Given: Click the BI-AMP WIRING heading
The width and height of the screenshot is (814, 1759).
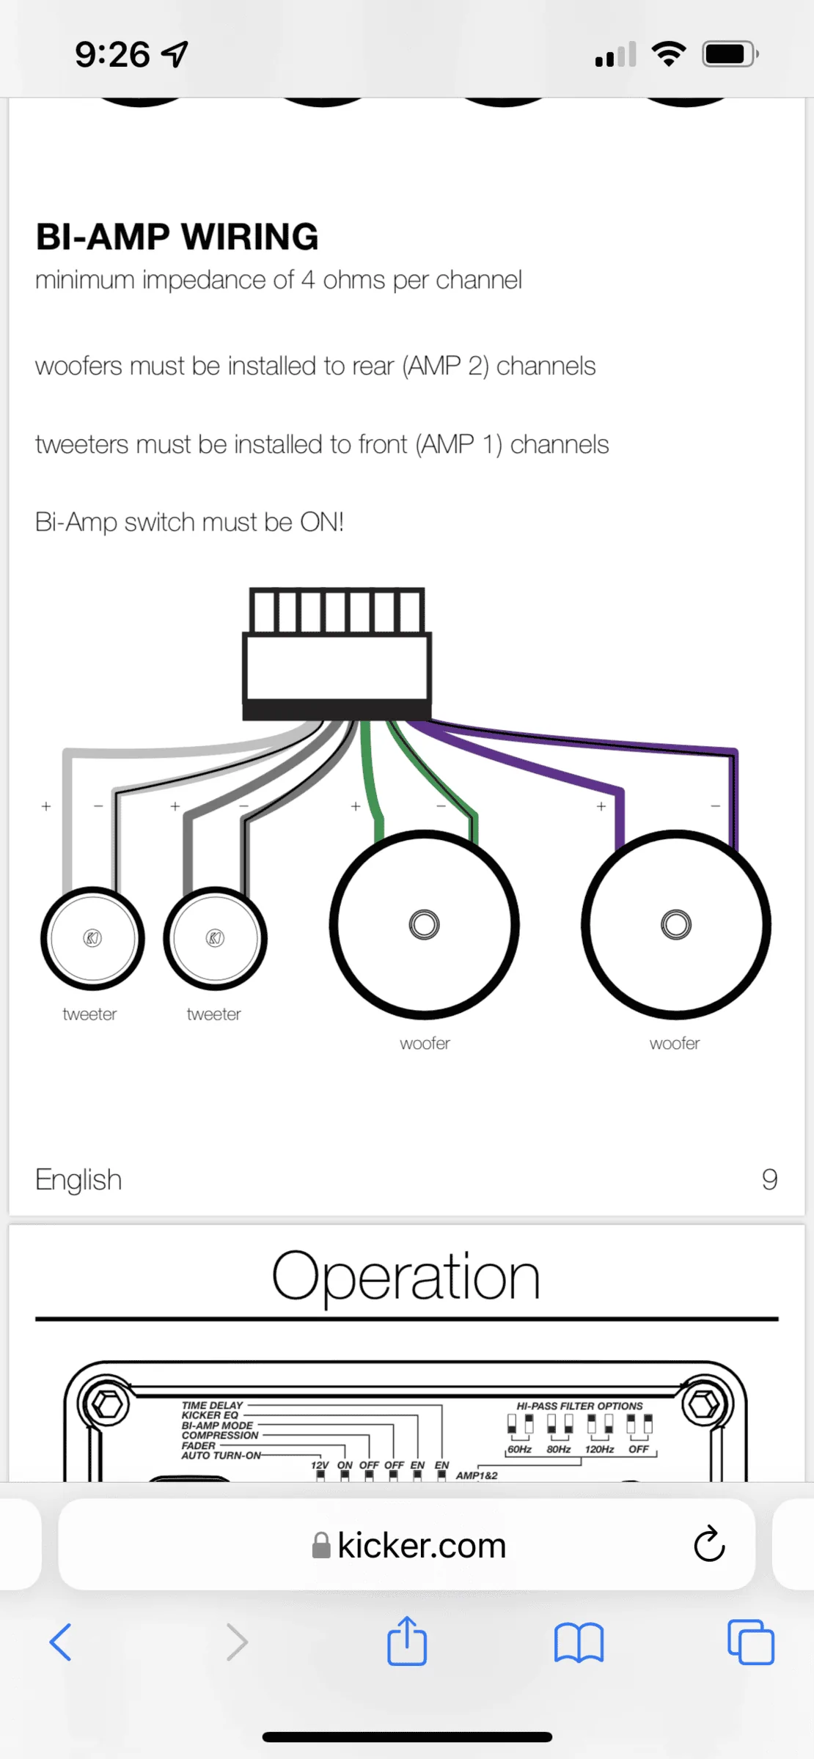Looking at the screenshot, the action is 177,237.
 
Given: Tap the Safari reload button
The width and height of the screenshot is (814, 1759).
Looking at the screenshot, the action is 709,1544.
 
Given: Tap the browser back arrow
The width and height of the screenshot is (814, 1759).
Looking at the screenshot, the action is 60,1642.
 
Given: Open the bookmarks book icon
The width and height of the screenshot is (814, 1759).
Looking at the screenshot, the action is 579,1642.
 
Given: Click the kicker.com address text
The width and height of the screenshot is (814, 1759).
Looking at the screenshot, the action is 422,1545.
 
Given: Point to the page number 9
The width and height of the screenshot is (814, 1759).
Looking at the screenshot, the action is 769,1179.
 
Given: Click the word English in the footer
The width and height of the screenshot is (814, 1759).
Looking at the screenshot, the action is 78,1180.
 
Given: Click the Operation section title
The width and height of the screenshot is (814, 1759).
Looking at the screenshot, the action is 406,1276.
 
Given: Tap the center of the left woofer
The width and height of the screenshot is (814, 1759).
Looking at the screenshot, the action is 425,924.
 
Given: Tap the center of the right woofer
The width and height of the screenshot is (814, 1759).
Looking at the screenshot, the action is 676,924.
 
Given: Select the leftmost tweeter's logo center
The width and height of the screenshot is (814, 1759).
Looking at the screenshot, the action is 92,938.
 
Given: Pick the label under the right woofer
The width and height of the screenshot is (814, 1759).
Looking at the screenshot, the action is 675,1043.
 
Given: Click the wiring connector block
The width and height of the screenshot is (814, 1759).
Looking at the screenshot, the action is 337,654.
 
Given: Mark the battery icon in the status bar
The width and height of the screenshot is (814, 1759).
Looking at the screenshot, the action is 730,54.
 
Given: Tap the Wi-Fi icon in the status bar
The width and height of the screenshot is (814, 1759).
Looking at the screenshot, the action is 669,54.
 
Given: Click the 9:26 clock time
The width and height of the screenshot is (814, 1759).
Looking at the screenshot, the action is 112,54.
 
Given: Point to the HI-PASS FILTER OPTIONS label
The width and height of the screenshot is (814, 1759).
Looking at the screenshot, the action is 579,1406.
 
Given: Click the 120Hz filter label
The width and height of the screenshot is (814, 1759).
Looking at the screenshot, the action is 599,1449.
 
